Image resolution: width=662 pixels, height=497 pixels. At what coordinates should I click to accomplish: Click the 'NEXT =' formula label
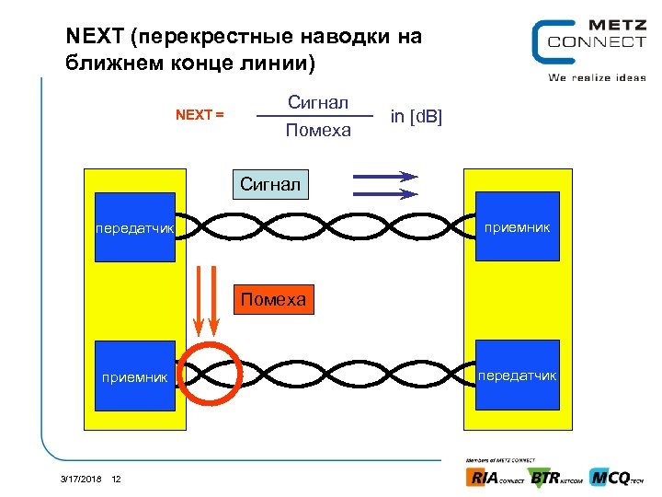point(200,115)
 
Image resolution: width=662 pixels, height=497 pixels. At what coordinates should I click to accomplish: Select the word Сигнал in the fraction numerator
point(318,101)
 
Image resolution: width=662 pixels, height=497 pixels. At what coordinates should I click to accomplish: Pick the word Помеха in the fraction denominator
point(318,131)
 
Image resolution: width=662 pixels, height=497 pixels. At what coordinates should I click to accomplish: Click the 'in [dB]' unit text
point(417,116)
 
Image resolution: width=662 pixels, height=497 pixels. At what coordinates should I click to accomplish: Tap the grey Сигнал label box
point(270,184)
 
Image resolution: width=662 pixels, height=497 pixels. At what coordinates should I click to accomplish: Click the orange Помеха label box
point(272,300)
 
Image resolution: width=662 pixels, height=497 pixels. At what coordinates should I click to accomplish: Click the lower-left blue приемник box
point(134,376)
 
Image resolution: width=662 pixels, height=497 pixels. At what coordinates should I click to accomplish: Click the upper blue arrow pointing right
point(384,176)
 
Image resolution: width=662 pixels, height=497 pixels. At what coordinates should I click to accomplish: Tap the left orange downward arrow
point(200,300)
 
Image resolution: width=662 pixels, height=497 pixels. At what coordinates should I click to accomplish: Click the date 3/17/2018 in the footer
point(81,479)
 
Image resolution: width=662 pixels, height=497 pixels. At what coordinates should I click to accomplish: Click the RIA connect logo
point(496,478)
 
